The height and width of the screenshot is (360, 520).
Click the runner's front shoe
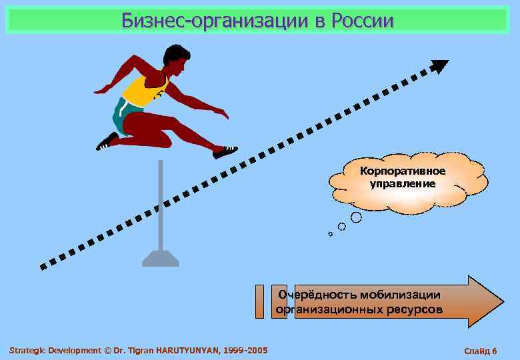pyautogui.click(x=225, y=152)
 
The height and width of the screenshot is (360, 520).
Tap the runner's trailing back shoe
pyautogui.click(x=107, y=142)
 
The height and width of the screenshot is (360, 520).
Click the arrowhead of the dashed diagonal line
pyautogui.click(x=439, y=66)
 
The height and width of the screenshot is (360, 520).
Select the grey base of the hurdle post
pyautogui.click(x=161, y=257)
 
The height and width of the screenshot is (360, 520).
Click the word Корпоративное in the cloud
pyautogui.click(x=403, y=171)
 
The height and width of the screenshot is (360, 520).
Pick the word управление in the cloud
pyautogui.click(x=403, y=183)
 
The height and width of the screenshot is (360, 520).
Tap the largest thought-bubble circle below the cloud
pyautogui.click(x=357, y=217)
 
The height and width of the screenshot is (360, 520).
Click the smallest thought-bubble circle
pyautogui.click(x=330, y=234)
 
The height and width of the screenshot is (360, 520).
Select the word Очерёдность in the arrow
pyautogui.click(x=317, y=294)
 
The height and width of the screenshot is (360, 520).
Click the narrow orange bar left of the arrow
pyautogui.click(x=260, y=301)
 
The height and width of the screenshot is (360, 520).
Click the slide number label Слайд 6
pyautogui.click(x=480, y=351)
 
